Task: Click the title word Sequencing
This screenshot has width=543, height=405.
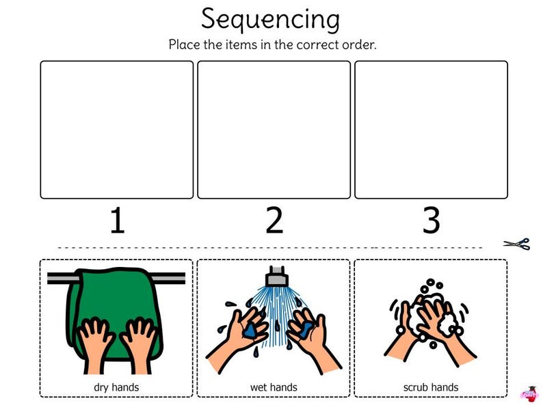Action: pos(270,18)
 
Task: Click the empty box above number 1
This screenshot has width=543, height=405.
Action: pos(117,130)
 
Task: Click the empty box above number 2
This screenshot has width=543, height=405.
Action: pos(274,130)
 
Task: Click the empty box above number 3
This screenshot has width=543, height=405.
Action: pos(431,130)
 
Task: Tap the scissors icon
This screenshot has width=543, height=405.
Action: pos(517,244)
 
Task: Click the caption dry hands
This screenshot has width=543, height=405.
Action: pos(116,387)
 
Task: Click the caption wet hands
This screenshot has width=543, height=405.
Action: pos(274,387)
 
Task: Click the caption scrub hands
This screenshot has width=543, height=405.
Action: pos(431,387)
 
